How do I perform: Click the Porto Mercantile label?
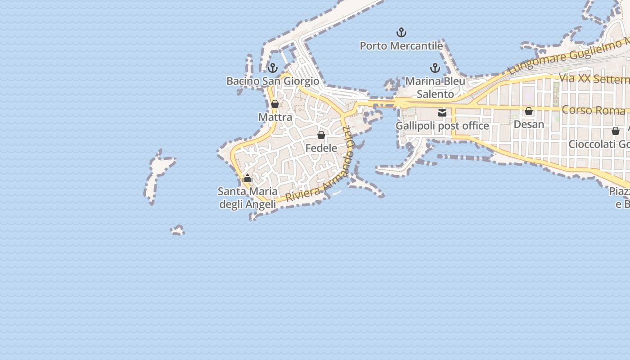tap(401, 46)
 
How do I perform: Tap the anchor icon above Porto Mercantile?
tap(401, 32)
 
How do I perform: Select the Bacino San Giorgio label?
tap(273, 81)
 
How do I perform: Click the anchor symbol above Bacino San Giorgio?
tap(272, 68)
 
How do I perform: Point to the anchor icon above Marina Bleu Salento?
tap(435, 68)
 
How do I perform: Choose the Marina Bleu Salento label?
tap(435, 88)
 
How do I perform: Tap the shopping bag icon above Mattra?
tap(275, 104)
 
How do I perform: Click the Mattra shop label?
tap(275, 117)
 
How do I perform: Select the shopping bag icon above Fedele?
tap(321, 135)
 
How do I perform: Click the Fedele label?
tap(321, 148)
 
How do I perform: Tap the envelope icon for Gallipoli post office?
tap(442, 113)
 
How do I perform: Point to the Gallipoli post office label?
tap(442, 126)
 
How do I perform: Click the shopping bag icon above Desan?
tap(529, 111)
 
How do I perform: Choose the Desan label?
tap(529, 124)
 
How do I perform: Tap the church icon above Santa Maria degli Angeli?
tap(247, 178)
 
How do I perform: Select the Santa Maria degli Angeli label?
tap(247, 198)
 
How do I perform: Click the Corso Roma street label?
tap(594, 110)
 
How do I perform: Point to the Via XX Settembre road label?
tap(594, 79)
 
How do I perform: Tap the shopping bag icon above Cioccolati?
tap(615, 131)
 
